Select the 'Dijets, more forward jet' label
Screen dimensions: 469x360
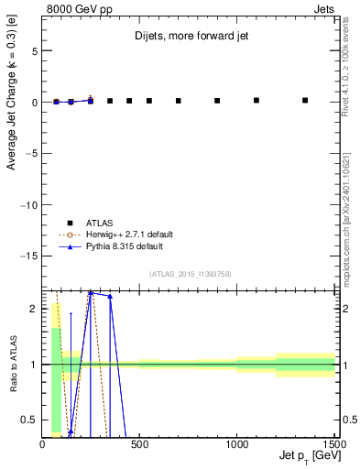point(187,38)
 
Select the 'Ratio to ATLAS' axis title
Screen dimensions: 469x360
point(14,364)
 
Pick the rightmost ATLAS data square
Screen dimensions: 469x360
point(305,100)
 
